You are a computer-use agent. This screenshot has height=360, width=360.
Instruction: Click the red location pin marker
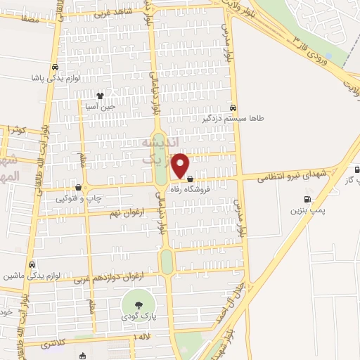[181, 166]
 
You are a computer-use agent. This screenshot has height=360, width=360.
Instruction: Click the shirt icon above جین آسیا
[100, 95]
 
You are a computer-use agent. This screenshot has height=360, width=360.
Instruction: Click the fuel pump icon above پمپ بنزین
[307, 199]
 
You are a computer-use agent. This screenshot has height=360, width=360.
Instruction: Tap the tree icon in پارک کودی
[137, 304]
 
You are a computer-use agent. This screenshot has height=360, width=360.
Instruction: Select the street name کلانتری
[56, 345]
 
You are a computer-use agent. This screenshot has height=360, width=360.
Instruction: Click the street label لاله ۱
[141, 339]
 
